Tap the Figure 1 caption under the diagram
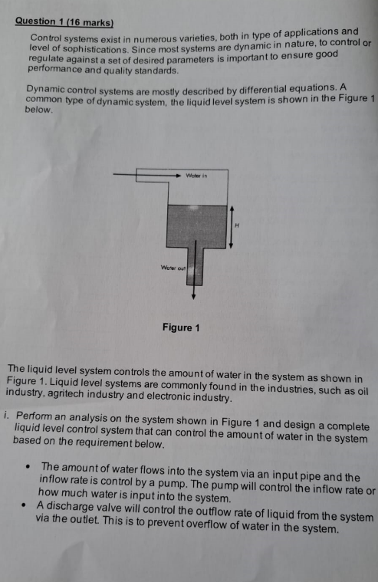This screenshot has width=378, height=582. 181,328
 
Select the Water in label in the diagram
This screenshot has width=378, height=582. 196,176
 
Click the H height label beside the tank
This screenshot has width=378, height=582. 238,225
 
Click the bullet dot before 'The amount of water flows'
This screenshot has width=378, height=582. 27,466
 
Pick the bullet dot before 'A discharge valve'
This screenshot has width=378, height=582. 27,506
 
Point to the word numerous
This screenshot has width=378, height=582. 131,38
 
